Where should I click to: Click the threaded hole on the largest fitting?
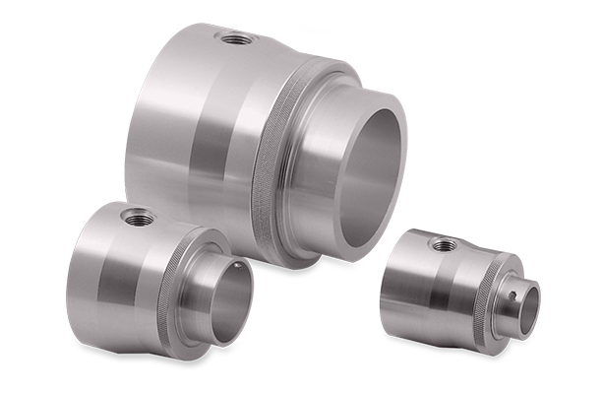point(237,39)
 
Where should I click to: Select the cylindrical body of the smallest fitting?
point(413,286)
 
